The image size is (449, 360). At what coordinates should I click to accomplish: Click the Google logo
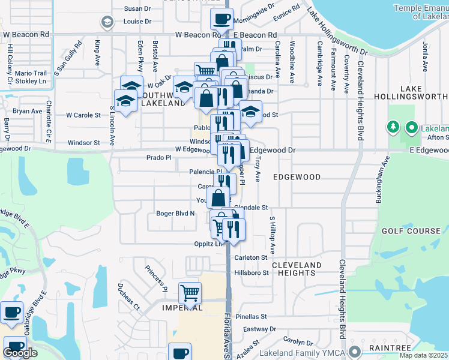(x=20, y=353)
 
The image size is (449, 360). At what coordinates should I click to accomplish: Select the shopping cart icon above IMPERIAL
(x=190, y=293)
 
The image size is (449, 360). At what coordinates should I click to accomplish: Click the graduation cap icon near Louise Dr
(x=107, y=23)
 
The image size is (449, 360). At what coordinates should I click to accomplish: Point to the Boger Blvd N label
(x=176, y=213)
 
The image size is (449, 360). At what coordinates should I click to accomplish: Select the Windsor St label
(x=83, y=143)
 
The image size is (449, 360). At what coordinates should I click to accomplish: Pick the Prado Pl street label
(x=159, y=157)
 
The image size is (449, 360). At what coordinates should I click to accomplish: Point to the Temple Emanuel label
(x=421, y=10)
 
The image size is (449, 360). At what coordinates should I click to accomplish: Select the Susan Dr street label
(x=137, y=8)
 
